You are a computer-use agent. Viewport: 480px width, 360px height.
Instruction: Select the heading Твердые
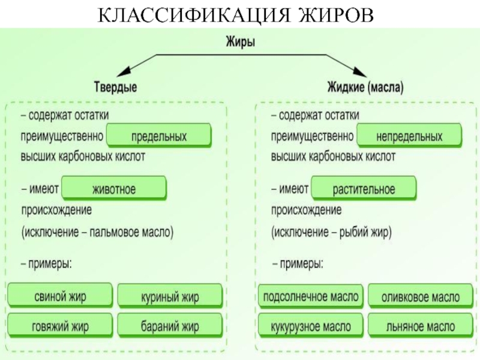coord(115,88)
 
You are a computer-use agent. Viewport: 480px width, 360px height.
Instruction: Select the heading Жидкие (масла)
coord(365,88)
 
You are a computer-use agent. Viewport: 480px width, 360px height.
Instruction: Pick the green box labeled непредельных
coord(409,137)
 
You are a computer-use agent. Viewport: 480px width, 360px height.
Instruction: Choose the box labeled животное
coord(113,189)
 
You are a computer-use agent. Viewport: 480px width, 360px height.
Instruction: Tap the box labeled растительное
coord(364,189)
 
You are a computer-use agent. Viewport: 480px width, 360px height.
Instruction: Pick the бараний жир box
coord(170,327)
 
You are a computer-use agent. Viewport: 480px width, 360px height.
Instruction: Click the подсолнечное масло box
coord(310,296)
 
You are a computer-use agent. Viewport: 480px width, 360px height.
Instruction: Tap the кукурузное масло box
coord(310,326)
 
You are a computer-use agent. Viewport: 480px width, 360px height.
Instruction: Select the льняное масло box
coord(421,327)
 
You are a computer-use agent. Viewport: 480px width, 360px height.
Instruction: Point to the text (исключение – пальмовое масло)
coord(98,231)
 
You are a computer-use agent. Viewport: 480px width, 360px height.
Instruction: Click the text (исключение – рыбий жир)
coord(331,231)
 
